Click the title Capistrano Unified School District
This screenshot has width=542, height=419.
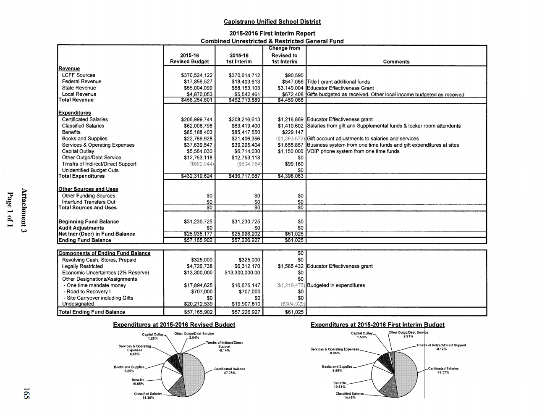click(x=272, y=22)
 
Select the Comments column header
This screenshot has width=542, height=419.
click(x=396, y=62)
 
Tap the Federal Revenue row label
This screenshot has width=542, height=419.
click(x=81, y=82)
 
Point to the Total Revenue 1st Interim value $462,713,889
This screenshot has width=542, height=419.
click(x=244, y=100)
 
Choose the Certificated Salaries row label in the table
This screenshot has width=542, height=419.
click(x=85, y=119)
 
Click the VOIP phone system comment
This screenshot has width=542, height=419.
click(x=353, y=151)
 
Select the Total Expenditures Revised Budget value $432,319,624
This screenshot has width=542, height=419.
click(x=196, y=176)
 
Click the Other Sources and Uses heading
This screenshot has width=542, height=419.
click(x=88, y=189)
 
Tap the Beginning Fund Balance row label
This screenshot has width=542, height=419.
click(x=89, y=221)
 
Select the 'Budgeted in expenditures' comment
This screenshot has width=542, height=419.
click(x=336, y=285)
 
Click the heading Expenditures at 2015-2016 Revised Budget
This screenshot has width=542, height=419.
click(x=174, y=325)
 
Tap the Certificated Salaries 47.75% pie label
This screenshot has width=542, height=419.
click(x=229, y=371)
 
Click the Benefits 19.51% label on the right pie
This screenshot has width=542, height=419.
click(x=340, y=385)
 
